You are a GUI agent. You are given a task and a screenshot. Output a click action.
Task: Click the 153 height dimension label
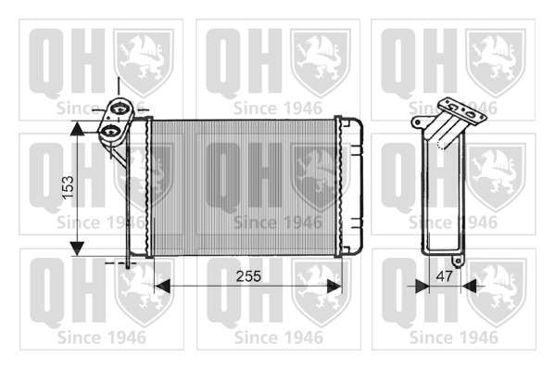click(x=68, y=187)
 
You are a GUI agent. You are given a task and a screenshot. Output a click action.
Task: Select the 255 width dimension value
click(x=248, y=276)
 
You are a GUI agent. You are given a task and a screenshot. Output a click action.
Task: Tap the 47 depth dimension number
click(x=444, y=276)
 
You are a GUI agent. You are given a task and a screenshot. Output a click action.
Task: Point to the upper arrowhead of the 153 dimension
click(x=77, y=128)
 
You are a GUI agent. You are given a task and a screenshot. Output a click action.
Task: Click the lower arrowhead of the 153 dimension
click(x=77, y=249)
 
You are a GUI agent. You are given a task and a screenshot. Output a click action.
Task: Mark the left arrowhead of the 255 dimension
click(x=162, y=286)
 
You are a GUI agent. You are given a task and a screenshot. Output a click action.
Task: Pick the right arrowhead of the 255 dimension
click(x=334, y=286)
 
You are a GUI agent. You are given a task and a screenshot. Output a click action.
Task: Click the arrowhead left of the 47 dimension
click(x=422, y=286)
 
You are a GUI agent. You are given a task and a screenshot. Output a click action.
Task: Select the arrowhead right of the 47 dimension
click(x=468, y=286)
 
